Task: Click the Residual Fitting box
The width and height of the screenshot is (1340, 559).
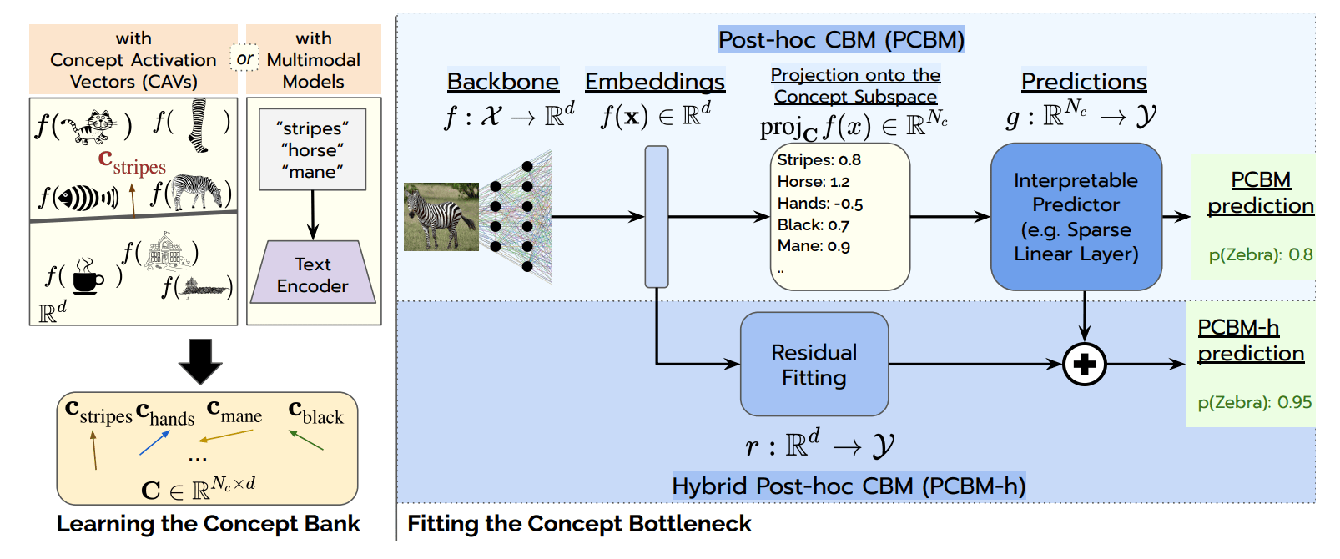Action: click(814, 364)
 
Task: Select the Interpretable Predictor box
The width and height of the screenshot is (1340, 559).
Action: click(1076, 217)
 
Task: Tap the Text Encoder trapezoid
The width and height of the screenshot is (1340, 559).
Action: click(313, 272)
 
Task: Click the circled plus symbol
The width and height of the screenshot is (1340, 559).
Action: click(1085, 364)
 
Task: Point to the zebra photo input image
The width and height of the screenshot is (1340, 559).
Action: click(441, 217)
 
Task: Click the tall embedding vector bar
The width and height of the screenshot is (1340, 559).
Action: click(657, 217)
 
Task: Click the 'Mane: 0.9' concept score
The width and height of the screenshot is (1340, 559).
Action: click(814, 246)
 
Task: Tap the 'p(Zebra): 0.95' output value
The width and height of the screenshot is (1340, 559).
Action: click(1255, 402)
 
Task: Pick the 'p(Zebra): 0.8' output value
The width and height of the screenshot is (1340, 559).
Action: click(1261, 255)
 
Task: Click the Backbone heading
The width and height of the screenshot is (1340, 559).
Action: click(503, 82)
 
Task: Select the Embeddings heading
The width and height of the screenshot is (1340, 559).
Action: click(655, 82)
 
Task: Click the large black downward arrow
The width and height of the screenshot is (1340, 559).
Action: click(200, 361)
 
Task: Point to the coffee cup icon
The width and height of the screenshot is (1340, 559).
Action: click(88, 277)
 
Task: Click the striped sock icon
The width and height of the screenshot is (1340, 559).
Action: click(198, 126)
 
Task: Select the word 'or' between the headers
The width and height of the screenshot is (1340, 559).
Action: click(244, 58)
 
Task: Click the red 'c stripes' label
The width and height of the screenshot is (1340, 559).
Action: click(132, 162)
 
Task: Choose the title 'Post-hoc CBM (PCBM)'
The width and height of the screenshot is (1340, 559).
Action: click(841, 40)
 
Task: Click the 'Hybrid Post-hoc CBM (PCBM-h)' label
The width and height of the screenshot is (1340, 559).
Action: click(849, 486)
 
